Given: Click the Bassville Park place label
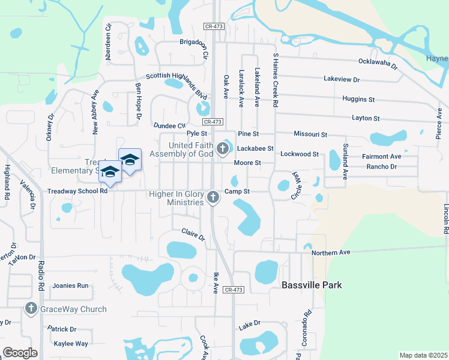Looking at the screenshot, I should click(312, 285).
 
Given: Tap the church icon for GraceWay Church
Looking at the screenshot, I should click(31, 309).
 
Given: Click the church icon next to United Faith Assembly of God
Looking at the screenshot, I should click(223, 148).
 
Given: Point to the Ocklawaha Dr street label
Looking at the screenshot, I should click(378, 62).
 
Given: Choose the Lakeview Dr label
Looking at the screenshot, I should click(341, 79).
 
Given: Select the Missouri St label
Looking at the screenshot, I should click(310, 134).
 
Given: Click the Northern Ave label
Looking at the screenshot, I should click(330, 253).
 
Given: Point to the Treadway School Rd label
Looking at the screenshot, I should click(77, 191).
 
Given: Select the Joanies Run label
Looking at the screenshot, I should click(70, 286).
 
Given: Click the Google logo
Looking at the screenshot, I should click(20, 353).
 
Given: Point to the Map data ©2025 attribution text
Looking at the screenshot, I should click(423, 355).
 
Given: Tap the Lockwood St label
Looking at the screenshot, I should click(300, 154).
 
